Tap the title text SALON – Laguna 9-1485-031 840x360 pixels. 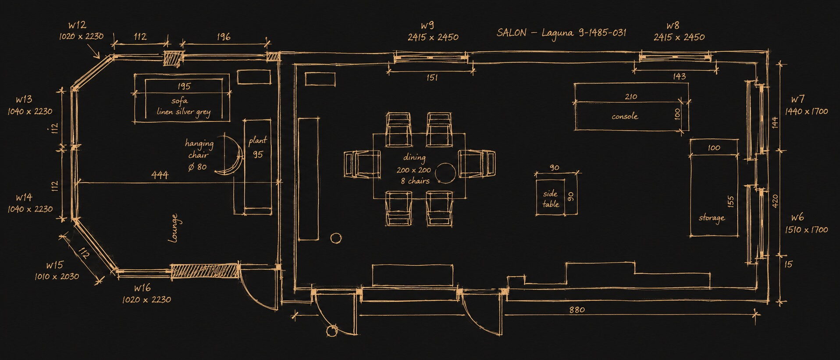click(x=561, y=33)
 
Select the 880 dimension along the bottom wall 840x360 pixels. click(x=577, y=310)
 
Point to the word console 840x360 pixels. click(x=625, y=116)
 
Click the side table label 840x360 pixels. click(x=551, y=199)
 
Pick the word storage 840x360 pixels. click(x=712, y=218)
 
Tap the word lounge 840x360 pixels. click(x=174, y=228)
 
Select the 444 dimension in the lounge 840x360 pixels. click(x=160, y=175)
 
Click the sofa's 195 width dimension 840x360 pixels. click(x=184, y=86)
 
